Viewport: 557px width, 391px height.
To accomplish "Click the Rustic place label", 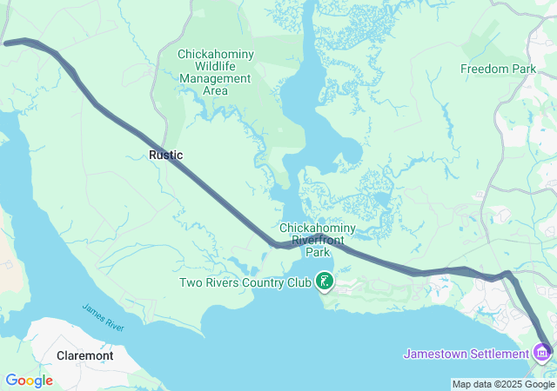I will click(165, 155).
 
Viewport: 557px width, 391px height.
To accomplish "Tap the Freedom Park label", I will click(498, 69).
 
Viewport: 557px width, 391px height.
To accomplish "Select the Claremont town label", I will click(84, 355).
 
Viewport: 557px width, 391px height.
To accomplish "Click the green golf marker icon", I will click(325, 281).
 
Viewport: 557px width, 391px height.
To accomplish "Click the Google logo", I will click(29, 381).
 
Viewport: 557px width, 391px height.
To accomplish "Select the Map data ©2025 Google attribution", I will click(503, 384).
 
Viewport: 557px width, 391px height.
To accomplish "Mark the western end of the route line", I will click(6, 42).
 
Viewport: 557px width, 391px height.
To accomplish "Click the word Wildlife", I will click(216, 66).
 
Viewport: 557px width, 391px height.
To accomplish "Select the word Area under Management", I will click(216, 90).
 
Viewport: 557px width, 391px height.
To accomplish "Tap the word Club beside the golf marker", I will click(299, 282).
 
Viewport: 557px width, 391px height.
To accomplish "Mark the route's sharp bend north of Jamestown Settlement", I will click(508, 275).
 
